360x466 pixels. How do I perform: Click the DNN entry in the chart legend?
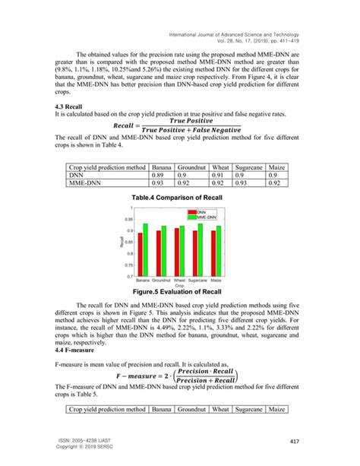[x=205, y=212]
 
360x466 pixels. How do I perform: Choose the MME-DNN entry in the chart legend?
[x=209, y=217]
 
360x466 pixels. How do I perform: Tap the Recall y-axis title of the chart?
[x=121, y=243]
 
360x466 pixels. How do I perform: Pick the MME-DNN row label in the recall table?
[x=88, y=182]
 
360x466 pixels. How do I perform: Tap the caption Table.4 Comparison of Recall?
[x=180, y=197]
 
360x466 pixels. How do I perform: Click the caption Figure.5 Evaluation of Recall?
[x=180, y=291]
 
